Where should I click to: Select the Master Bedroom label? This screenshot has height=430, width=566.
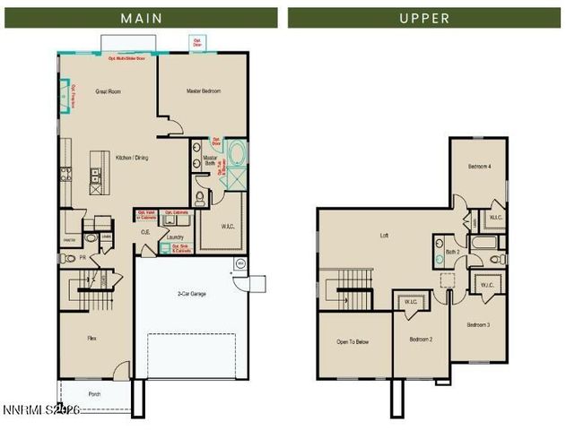(x=205, y=91)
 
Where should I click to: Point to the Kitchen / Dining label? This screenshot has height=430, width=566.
(x=133, y=158)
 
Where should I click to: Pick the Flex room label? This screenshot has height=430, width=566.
(x=91, y=338)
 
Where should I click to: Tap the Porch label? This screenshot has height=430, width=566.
(x=94, y=393)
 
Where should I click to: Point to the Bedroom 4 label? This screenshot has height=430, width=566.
(x=479, y=167)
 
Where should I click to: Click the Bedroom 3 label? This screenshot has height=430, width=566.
(x=477, y=323)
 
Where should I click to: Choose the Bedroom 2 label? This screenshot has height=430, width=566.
(x=422, y=340)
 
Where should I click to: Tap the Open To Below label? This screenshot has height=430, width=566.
(x=353, y=341)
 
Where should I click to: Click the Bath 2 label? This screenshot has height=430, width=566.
(x=452, y=252)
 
